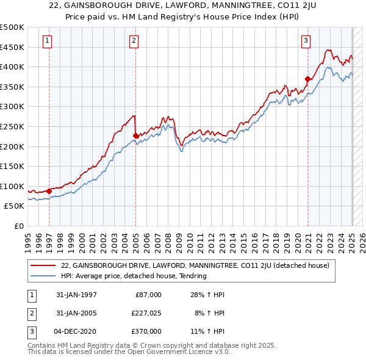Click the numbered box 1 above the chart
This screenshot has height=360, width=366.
[x=47, y=41]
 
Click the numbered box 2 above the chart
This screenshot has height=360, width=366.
[x=134, y=41]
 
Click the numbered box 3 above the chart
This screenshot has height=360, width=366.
[x=306, y=41]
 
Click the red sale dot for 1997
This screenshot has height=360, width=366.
[x=49, y=191]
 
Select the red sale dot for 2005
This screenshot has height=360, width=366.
[x=135, y=135]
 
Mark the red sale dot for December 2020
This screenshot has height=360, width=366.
[x=308, y=78]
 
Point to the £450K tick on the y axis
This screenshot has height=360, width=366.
[x=13, y=47]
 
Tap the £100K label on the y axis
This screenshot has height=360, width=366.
[x=13, y=186]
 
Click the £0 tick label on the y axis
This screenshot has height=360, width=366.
[x=20, y=226]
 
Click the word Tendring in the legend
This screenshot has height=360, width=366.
[x=192, y=276]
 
